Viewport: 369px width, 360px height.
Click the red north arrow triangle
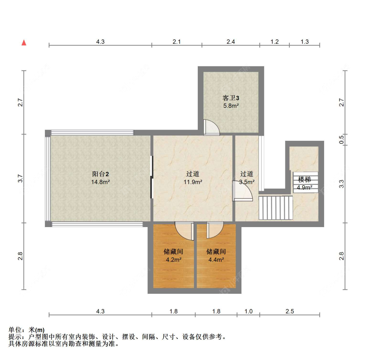(24, 43)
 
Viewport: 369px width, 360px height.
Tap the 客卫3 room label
(231, 98)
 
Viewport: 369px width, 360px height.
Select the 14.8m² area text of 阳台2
(100, 182)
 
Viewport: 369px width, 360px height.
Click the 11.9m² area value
(193, 182)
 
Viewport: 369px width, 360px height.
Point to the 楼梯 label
(304, 180)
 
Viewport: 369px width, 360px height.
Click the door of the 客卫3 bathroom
(211, 127)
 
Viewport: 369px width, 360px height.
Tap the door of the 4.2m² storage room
(184, 231)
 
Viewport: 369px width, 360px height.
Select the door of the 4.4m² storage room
(215, 230)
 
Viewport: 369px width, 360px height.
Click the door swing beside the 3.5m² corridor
(242, 191)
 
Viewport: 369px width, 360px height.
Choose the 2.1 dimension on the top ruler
(176, 42)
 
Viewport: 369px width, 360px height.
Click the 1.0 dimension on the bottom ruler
(249, 311)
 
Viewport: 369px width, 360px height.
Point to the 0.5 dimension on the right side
(341, 139)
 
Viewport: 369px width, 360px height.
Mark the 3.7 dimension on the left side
(20, 178)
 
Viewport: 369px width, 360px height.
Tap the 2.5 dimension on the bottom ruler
(290, 311)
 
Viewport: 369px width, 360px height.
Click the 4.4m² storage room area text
(216, 260)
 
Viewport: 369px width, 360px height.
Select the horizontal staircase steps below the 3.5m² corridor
(276, 208)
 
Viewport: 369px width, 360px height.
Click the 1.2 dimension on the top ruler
(275, 42)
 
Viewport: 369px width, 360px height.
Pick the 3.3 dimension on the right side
(341, 184)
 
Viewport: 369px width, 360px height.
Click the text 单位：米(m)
(26, 330)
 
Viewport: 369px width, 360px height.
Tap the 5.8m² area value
(231, 106)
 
